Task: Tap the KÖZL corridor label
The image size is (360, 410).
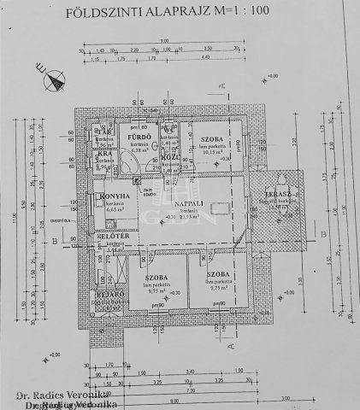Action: [x=168, y=159]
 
